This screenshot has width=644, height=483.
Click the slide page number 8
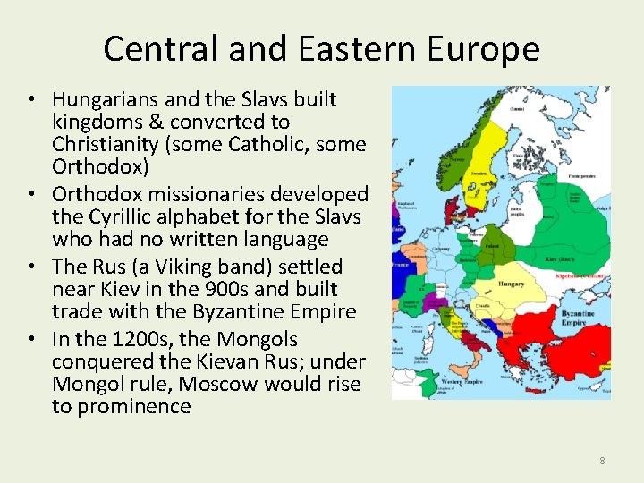point(602,461)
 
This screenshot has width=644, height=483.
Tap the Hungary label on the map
point(511,284)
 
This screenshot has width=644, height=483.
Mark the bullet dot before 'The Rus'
point(39,267)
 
